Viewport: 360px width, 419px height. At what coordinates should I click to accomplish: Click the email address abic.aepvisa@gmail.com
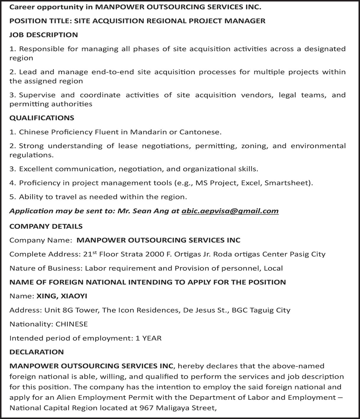pyautogui.click(x=230, y=211)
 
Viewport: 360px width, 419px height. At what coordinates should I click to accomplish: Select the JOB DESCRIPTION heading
pyautogui.click(x=43, y=35)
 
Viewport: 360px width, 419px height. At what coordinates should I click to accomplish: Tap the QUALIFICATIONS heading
pyautogui.click(x=42, y=118)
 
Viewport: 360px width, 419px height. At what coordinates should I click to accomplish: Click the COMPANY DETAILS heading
pyautogui.click(x=46, y=227)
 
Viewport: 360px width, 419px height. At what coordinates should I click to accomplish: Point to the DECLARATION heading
pyautogui.click(x=36, y=352)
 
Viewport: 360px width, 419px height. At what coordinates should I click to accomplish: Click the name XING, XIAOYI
pyautogui.click(x=62, y=296)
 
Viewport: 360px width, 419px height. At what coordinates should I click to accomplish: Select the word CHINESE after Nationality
pyautogui.click(x=72, y=324)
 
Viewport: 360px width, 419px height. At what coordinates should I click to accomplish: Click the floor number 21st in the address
pyautogui.click(x=90, y=254)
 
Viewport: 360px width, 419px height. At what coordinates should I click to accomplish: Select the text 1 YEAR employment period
pyautogui.click(x=148, y=338)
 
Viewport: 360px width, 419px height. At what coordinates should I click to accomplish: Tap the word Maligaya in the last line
pyautogui.click(x=172, y=408)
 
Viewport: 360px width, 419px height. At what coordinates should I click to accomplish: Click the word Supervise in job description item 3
pyautogui.click(x=37, y=95)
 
